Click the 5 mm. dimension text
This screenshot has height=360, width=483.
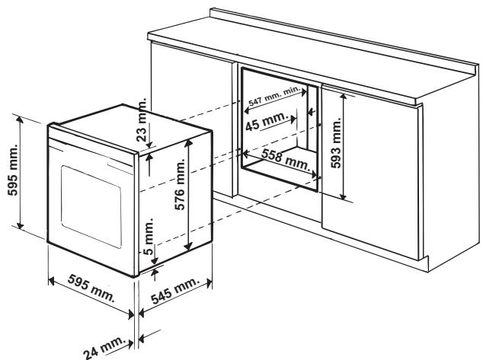point(150,237)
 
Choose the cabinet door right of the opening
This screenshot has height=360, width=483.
point(373,190)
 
